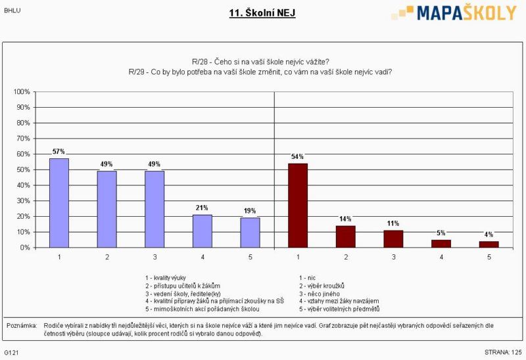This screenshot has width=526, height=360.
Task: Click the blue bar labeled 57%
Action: point(59,203)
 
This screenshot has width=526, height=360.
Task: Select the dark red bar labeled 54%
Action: point(298,205)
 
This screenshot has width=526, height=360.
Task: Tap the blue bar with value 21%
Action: point(202,231)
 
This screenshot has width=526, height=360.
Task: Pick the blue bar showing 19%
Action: point(250,233)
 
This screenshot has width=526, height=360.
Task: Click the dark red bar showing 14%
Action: point(346,236)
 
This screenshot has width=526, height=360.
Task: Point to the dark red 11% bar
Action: point(393,239)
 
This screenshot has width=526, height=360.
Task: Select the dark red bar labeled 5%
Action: point(441,244)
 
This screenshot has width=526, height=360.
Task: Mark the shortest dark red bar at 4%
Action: point(489,244)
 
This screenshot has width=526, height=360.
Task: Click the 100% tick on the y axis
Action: point(22,91)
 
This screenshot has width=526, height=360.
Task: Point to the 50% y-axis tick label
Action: point(24,169)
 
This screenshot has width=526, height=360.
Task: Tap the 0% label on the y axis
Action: point(26,248)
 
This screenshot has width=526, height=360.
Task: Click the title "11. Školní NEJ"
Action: point(262,12)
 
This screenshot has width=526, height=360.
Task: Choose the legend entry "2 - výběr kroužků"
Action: point(322,286)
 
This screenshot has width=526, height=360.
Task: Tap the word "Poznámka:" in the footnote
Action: point(22,325)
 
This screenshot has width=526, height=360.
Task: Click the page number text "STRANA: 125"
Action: point(503,353)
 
